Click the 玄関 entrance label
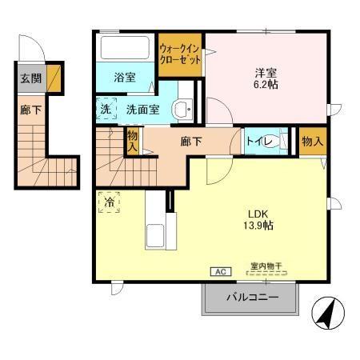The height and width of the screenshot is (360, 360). tap(30, 78)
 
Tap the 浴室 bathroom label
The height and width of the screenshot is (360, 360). tap(124, 78)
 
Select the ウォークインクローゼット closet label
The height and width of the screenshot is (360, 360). tap(179, 54)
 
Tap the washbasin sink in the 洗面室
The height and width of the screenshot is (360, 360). tap(183, 110)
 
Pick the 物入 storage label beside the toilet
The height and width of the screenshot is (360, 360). tap(312, 142)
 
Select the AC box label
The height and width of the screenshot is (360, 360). tap(218, 272)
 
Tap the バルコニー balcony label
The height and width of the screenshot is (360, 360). tap(251, 298)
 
